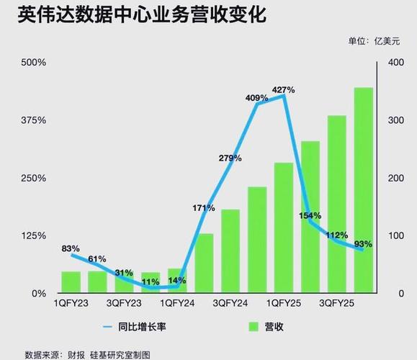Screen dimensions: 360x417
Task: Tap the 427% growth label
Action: pyautogui.click(x=283, y=89)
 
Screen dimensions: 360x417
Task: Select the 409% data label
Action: pyautogui.click(x=256, y=98)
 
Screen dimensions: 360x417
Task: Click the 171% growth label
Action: pyautogui.click(x=204, y=208)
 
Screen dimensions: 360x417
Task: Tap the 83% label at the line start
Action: pyautogui.click(x=71, y=248)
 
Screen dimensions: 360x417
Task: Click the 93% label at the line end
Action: pyautogui.click(x=363, y=243)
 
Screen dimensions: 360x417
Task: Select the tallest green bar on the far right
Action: pyautogui.click(x=363, y=190)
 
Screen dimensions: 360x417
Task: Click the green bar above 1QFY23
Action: pyautogui.click(x=71, y=282)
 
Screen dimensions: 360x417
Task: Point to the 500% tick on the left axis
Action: pyautogui.click(x=33, y=63)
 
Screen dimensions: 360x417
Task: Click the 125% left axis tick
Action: pyautogui.click(x=33, y=236)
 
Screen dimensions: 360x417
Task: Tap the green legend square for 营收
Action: pyautogui.click(x=254, y=328)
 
